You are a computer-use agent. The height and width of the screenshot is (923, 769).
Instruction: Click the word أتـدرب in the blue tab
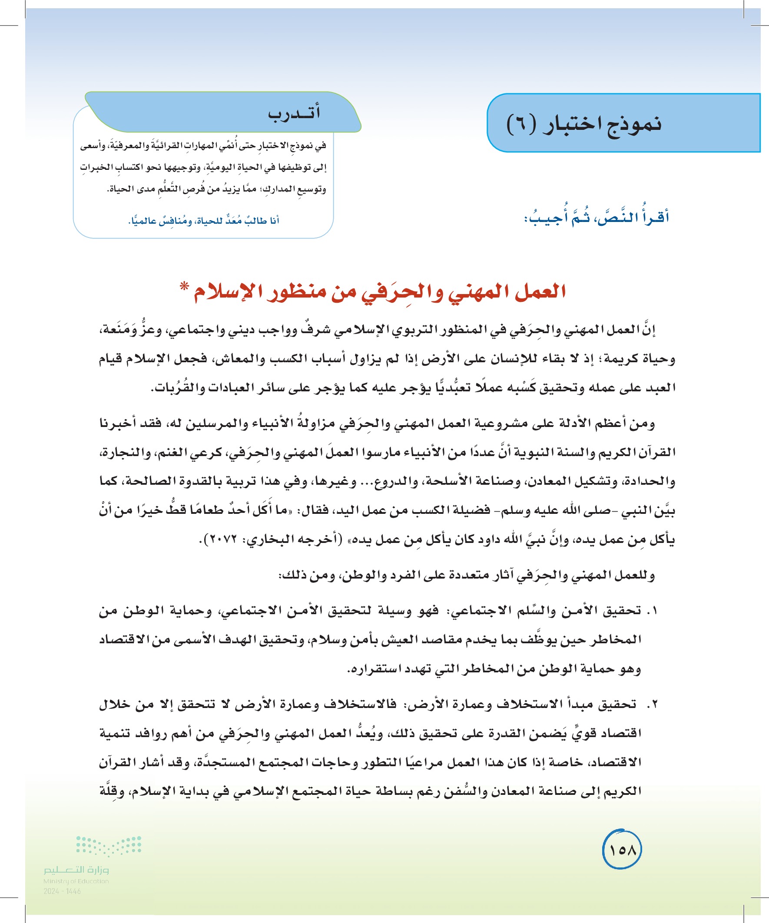pos(294,113)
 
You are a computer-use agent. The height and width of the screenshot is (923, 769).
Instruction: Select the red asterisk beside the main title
pos(184,288)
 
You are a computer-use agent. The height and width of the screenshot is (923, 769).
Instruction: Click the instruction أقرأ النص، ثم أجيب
pos(596,217)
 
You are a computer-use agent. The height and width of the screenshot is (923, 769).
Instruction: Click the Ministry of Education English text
pos(76,881)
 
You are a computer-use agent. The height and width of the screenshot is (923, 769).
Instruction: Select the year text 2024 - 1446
pos(62,891)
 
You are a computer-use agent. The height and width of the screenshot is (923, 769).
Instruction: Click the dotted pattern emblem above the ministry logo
pos(109,846)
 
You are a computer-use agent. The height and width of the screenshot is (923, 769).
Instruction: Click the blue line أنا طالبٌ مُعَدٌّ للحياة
pos(204,221)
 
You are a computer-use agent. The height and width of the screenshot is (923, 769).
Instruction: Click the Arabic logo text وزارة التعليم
pos(76,870)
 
